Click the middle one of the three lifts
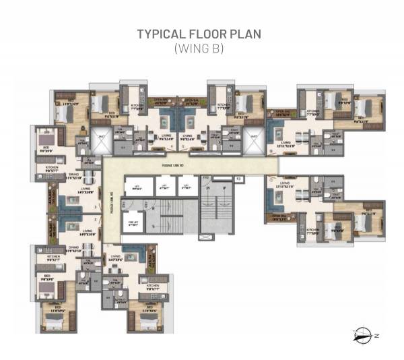pos(162,187)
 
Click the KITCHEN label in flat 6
pos(312,113)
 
